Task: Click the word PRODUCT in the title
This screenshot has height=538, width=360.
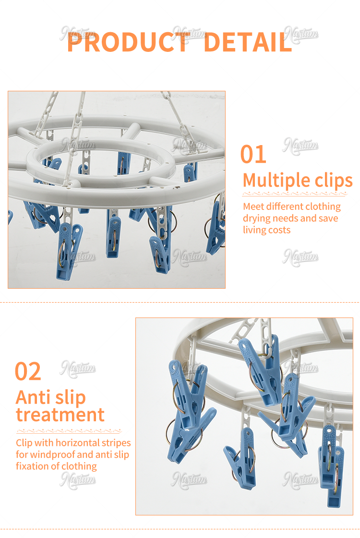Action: click(129, 42)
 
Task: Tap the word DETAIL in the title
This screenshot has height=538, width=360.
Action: click(248, 42)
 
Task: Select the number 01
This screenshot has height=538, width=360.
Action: click(253, 154)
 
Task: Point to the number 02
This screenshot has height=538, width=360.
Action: click(28, 371)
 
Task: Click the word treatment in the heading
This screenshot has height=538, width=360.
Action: click(60, 415)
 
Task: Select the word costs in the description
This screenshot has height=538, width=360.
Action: click(279, 230)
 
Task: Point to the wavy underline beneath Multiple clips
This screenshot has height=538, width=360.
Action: click(295, 194)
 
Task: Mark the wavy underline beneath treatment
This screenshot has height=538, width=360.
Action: click(69, 431)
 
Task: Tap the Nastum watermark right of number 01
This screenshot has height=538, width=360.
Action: click(300, 146)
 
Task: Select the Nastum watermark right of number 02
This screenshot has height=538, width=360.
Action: click(78, 369)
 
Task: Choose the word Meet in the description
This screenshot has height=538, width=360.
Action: click(253, 207)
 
